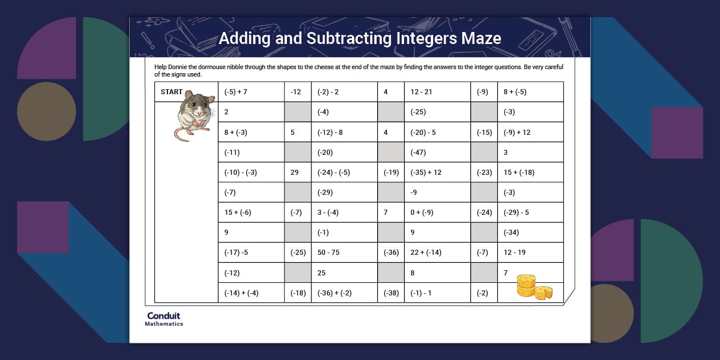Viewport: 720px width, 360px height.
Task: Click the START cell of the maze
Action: (x=171, y=92)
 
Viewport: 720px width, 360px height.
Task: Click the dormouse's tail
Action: (x=179, y=135)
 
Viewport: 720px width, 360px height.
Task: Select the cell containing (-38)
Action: (x=391, y=293)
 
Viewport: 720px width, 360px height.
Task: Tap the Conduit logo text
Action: (x=163, y=316)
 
